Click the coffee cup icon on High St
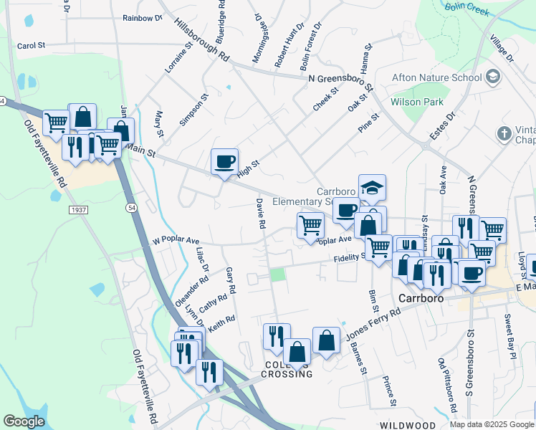(x=225, y=161)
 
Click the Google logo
(x=24, y=421)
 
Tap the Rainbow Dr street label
(x=142, y=18)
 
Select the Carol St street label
(x=31, y=45)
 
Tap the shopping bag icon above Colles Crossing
(x=326, y=340)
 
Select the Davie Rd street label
(x=261, y=214)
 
